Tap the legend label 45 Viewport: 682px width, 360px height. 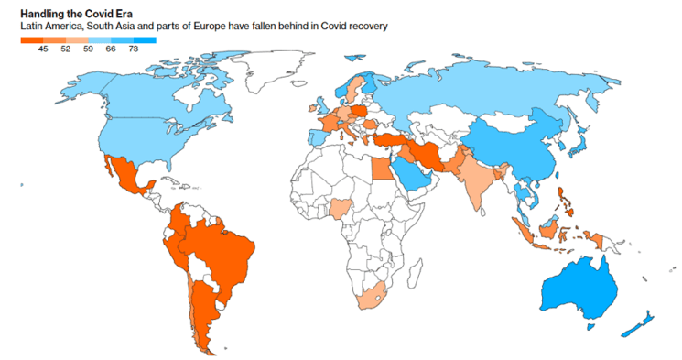[43, 49]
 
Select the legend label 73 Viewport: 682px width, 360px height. [133, 49]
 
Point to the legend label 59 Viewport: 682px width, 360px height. [88, 49]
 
